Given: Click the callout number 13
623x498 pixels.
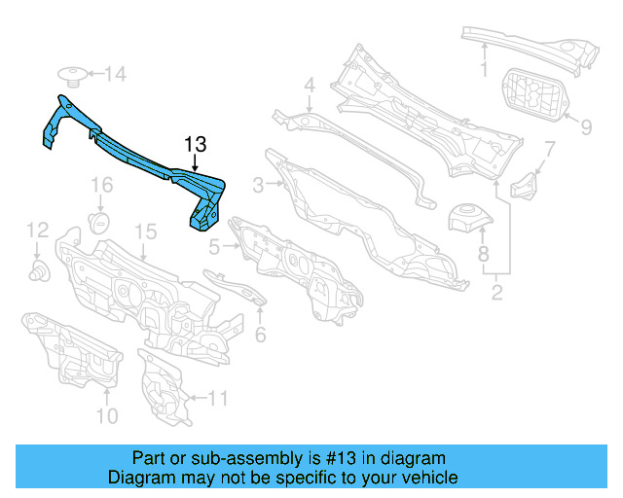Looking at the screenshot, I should (196, 145).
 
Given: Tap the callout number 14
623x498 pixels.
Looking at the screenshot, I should (116, 74).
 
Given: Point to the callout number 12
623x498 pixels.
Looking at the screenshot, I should (37, 230).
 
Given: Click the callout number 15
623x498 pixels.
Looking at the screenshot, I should (145, 231).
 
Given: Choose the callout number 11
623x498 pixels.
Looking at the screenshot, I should (217, 398).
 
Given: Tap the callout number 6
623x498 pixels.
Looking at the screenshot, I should (260, 336).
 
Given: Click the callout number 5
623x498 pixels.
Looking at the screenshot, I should (214, 248).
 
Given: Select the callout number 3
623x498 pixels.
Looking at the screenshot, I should (258, 185).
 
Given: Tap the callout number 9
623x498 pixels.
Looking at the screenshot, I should (586, 126).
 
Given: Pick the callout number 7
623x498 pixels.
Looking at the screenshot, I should (549, 149).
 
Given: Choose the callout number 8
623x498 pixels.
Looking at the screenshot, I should (483, 256).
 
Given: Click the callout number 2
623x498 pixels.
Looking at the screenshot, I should (496, 291).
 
